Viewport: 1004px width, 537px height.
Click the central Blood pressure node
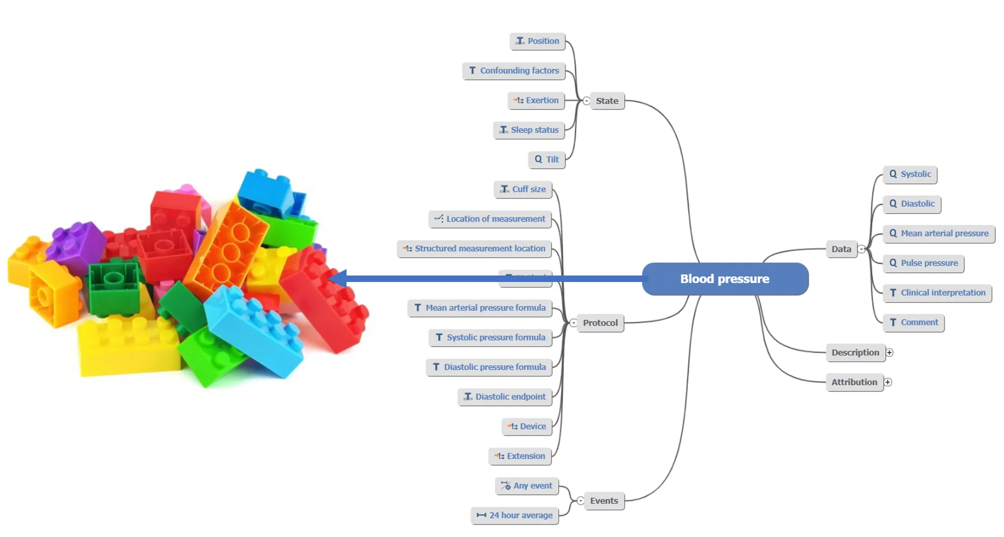724,279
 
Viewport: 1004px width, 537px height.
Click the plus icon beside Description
890,353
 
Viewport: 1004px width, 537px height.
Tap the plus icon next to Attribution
888,382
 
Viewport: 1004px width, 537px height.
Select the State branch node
607,101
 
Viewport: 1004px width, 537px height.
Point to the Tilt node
546,160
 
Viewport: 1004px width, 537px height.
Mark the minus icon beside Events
580,501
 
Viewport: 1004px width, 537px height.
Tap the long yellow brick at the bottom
128,348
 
